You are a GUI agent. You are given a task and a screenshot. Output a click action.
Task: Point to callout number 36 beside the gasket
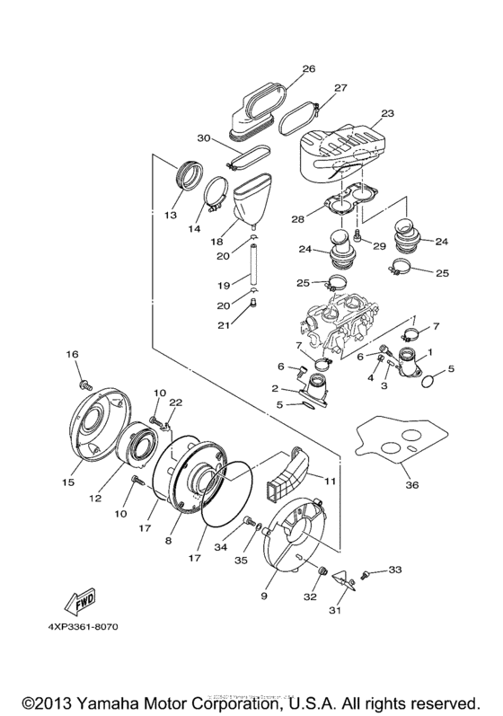[412, 486]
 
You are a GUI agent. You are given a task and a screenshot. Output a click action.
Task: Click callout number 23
[387, 114]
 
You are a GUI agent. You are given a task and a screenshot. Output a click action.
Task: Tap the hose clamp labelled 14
[214, 195]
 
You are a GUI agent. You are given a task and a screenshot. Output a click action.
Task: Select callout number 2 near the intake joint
[275, 390]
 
